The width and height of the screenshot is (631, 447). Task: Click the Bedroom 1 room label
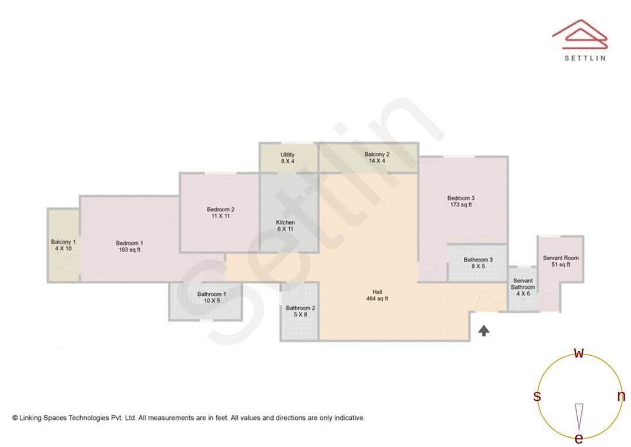pos(129,246)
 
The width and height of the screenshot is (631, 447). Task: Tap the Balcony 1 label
pos(63,245)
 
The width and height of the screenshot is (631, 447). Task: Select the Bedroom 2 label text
pos(220,212)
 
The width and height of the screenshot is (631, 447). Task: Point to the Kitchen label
pos(286,225)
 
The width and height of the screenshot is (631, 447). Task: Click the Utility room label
pos(287,157)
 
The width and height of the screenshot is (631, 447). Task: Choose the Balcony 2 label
pos(377,157)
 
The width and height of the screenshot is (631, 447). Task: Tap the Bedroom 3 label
pos(461,201)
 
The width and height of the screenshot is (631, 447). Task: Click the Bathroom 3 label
pos(478,263)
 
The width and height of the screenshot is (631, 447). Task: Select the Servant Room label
pos(560,261)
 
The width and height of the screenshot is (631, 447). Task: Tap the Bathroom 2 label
pos(300,311)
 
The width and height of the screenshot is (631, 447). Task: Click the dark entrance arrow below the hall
pos(484,331)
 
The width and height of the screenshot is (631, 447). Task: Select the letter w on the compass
pos(579,353)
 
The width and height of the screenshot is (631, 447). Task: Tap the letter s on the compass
pos(537,396)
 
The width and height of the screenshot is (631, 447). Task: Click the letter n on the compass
pos(621,396)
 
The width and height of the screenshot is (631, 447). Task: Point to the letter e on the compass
pos(579,438)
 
